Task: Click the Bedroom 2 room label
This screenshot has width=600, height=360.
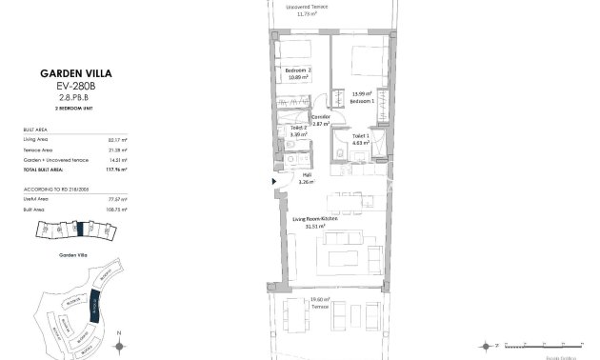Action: [x=299, y=70]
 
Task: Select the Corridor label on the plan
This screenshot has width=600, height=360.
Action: [x=321, y=117]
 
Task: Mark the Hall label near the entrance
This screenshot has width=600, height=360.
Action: [x=306, y=174]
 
